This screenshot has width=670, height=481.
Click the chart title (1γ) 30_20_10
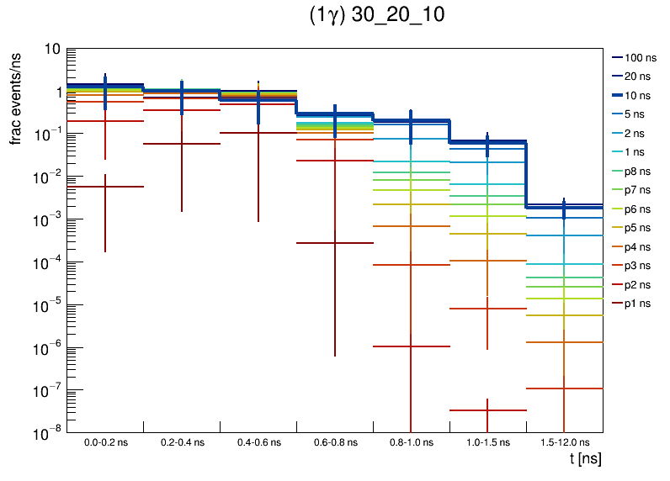[376, 16]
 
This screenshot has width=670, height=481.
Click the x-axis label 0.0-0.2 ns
[105, 442]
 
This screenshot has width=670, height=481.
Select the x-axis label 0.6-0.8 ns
[334, 442]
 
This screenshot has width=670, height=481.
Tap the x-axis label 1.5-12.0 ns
[564, 442]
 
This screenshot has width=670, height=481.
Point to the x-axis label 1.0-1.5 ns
[487, 442]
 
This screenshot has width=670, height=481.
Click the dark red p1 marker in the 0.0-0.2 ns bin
[105, 187]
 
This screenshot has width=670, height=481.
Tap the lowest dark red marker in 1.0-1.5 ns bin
[487, 410]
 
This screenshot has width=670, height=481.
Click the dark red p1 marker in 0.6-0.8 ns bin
[334, 243]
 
